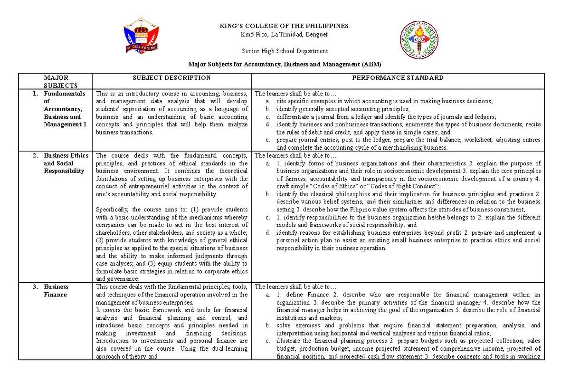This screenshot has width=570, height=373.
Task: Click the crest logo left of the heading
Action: coord(141,36)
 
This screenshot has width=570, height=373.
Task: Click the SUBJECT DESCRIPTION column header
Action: coord(171,78)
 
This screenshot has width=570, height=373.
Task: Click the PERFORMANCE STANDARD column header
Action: coord(398,78)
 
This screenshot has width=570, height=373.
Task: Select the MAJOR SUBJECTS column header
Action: coord(56,82)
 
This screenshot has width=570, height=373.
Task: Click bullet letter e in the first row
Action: coord(268,140)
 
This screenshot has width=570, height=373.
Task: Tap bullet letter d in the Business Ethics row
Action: coord(268,233)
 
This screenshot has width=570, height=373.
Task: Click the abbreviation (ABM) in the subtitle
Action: coord(371,64)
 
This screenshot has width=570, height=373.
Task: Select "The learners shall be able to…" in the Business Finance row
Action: coord(295,287)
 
